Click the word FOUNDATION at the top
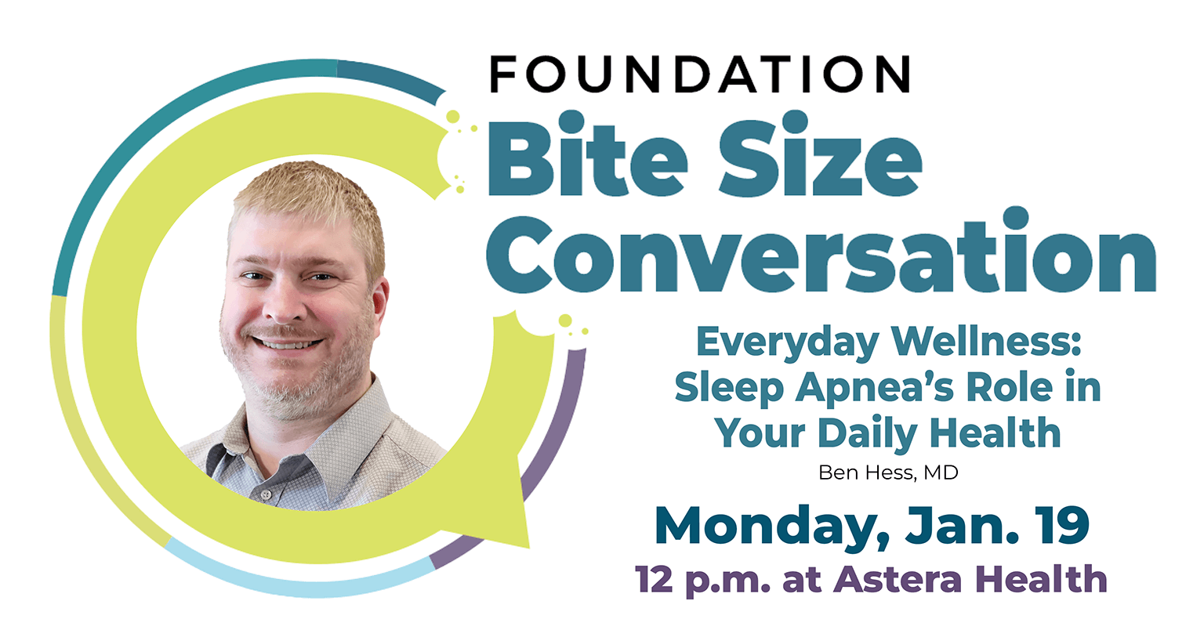tap(700, 75)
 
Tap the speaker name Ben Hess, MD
tap(887, 473)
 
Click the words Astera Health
tap(970, 580)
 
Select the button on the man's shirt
tap(267, 494)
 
